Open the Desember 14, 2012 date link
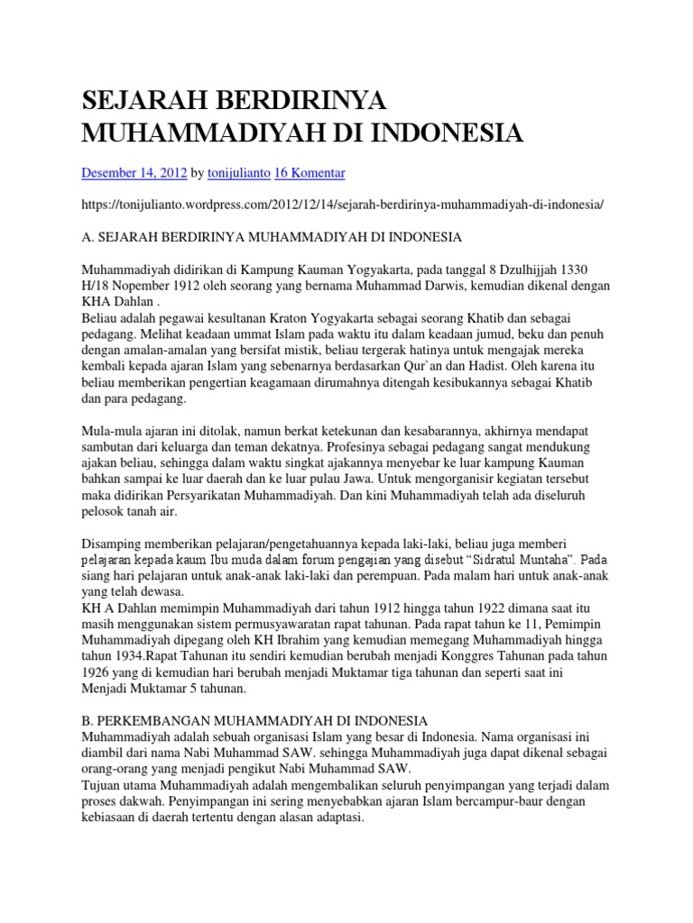(134, 171)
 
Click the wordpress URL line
(342, 205)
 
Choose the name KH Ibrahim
(245, 640)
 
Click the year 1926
(99, 672)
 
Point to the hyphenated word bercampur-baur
(475, 802)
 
